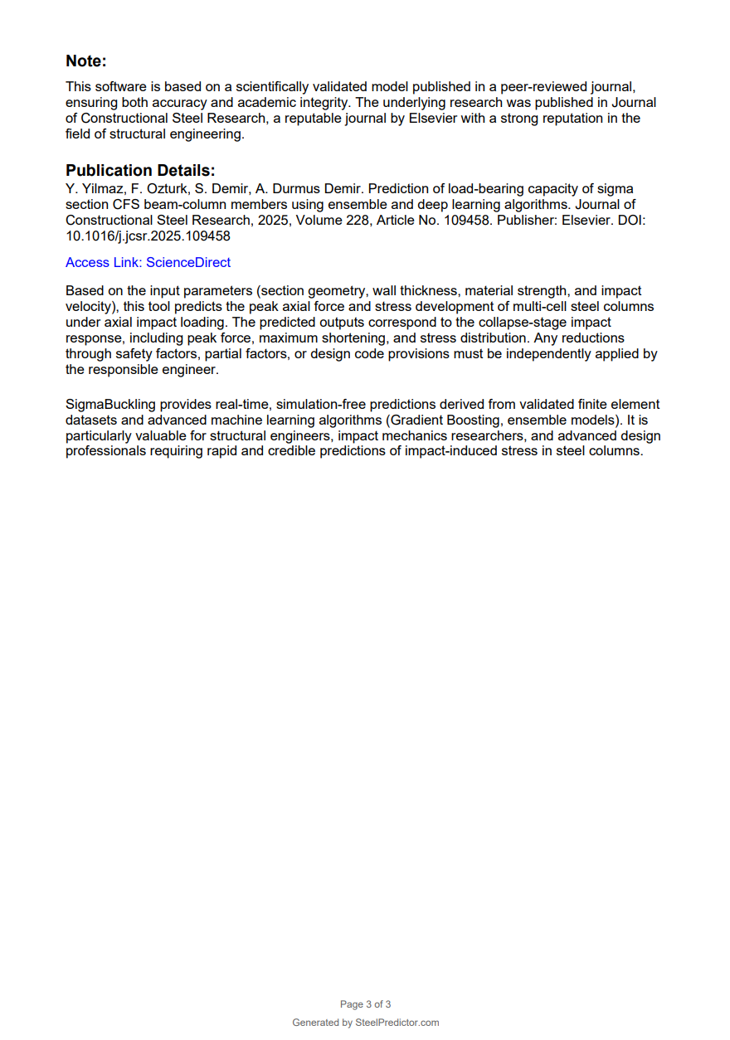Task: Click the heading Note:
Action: click(86, 61)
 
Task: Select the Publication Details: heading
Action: click(140, 171)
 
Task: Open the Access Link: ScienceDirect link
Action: click(148, 263)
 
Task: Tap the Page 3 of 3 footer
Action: click(365, 1004)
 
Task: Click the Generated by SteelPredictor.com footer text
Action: click(365, 1023)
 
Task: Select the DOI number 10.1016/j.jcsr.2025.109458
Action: click(148, 236)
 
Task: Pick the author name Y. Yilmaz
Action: click(93, 189)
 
